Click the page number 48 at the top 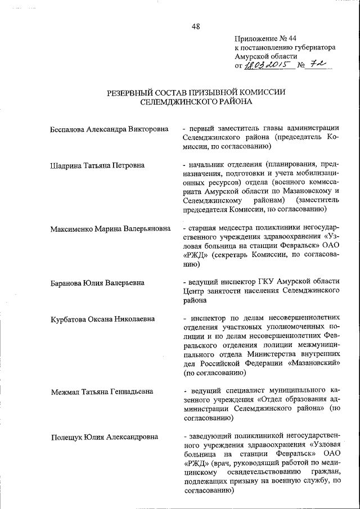[195, 25]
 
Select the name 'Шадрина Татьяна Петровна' [97, 165]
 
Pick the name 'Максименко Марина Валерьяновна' [110, 229]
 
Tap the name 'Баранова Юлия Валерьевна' [97, 282]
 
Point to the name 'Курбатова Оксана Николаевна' [102, 319]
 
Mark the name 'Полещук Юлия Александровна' [104, 436]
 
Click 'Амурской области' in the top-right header [265, 57]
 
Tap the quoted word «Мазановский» [316, 363]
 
